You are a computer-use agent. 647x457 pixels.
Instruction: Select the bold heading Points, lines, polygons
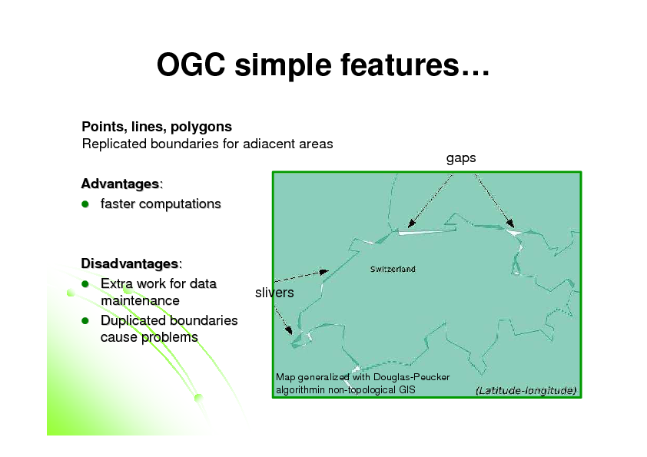[x=157, y=126]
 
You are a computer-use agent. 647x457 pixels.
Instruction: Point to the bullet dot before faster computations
[x=87, y=204]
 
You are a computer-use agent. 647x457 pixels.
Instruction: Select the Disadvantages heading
[x=130, y=264]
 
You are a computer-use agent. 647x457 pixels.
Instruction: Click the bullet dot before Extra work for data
[x=87, y=284]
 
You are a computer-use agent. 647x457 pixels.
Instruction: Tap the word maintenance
[x=139, y=301]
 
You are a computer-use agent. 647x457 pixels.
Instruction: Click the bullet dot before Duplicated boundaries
[x=87, y=321]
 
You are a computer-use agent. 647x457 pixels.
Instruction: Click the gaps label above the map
[x=460, y=158]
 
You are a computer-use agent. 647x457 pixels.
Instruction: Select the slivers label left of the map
[x=274, y=293]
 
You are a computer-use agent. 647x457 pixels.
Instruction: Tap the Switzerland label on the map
[x=393, y=269]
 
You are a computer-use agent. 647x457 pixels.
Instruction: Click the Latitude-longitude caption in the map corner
[x=526, y=390]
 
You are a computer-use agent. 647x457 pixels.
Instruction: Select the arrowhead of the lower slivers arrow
[x=290, y=333]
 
